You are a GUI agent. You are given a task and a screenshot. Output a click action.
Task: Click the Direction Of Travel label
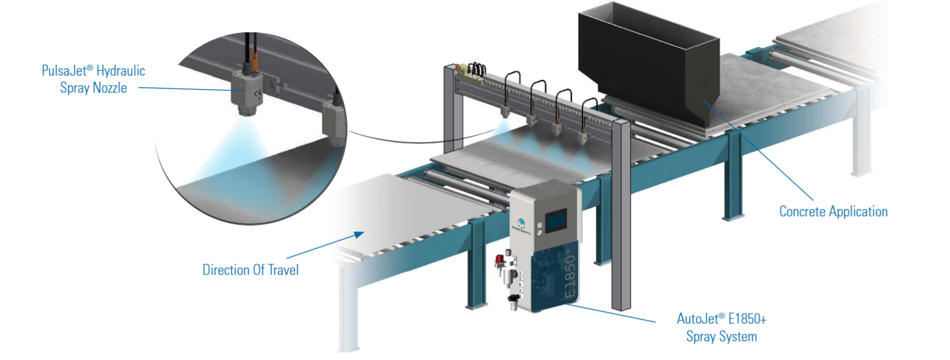coord(250,270)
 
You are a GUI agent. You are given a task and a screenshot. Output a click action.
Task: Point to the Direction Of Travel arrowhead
coord(359,235)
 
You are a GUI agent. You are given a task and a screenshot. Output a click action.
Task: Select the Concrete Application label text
coord(833,211)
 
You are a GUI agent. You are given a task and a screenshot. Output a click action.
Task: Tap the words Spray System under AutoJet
coord(721,337)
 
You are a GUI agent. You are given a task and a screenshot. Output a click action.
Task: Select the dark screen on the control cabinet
coord(556,220)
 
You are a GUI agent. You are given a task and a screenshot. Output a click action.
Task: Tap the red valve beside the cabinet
coord(500,259)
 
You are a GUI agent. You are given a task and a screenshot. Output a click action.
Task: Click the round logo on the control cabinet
coord(521,222)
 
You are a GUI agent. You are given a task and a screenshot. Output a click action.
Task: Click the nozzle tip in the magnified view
coord(247,110)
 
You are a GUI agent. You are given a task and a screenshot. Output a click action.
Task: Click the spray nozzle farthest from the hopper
coord(505,111)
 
